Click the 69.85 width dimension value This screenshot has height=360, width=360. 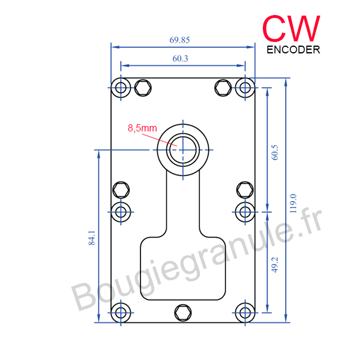tap(180, 40)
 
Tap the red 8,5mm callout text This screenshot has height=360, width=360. tap(142, 128)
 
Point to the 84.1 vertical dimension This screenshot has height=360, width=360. tap(92, 238)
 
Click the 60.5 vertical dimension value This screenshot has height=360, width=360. tap(275, 152)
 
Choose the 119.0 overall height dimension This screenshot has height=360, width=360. tap(293, 203)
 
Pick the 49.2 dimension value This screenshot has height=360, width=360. tap(275, 265)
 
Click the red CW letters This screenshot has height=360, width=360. tap(292, 27)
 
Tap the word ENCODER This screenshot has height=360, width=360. tap(293, 50)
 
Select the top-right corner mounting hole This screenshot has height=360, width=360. tap(244, 88)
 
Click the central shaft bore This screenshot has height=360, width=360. tap(183, 148)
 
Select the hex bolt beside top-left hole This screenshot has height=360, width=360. tap(143, 88)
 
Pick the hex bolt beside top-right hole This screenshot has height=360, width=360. tap(223, 88)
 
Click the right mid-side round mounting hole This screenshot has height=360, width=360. tap(244, 211)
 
